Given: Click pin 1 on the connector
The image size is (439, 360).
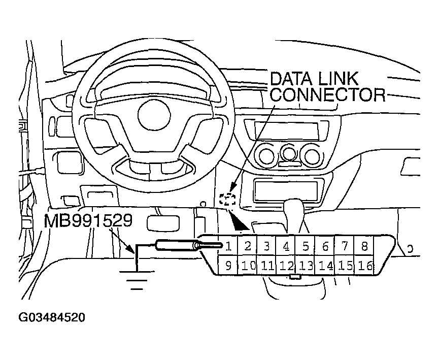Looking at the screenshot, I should (x=229, y=247).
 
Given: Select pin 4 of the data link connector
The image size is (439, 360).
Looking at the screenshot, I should (x=286, y=247).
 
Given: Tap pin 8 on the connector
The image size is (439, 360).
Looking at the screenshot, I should (x=364, y=247).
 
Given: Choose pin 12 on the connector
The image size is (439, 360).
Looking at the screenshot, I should (x=287, y=265).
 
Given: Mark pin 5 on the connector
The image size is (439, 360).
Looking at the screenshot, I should (x=306, y=247).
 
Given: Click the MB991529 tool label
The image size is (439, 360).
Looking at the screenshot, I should (x=88, y=221).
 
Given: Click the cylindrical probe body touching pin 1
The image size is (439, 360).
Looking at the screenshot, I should (x=176, y=246).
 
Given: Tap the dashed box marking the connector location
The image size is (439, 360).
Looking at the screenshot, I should (x=228, y=199).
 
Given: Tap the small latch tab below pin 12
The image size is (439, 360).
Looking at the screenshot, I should (x=294, y=277).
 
